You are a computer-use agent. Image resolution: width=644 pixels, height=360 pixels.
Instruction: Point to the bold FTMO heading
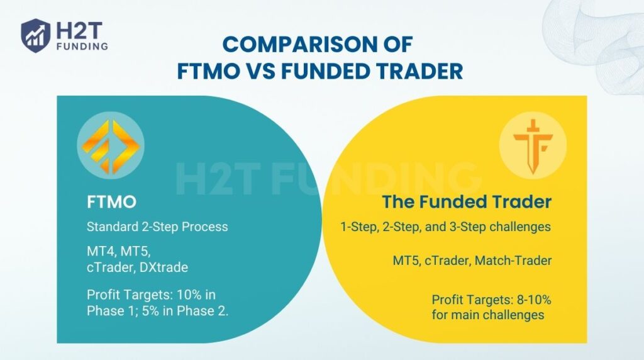[112, 203]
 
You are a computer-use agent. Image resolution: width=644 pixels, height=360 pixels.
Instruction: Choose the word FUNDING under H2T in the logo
[81, 45]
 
